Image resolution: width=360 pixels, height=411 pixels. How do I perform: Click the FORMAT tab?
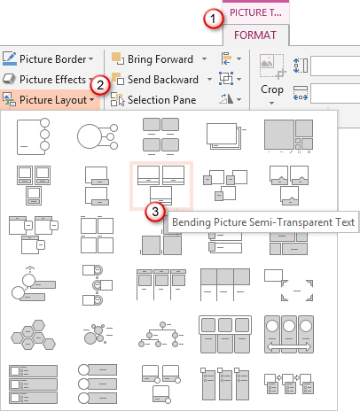point(255,36)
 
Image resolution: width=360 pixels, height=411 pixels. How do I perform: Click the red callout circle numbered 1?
point(211,18)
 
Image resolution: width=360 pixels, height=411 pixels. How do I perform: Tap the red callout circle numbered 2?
point(103,85)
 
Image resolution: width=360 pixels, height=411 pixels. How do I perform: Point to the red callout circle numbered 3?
point(157,211)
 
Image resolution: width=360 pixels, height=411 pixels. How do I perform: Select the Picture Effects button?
point(51,80)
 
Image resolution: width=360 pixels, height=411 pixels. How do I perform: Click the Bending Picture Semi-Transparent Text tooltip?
point(263,222)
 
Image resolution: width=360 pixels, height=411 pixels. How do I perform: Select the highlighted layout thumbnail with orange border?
point(160,182)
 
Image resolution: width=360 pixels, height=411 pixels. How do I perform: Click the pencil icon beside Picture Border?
point(10,60)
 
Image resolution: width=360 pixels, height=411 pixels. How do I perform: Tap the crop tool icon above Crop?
point(272,65)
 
